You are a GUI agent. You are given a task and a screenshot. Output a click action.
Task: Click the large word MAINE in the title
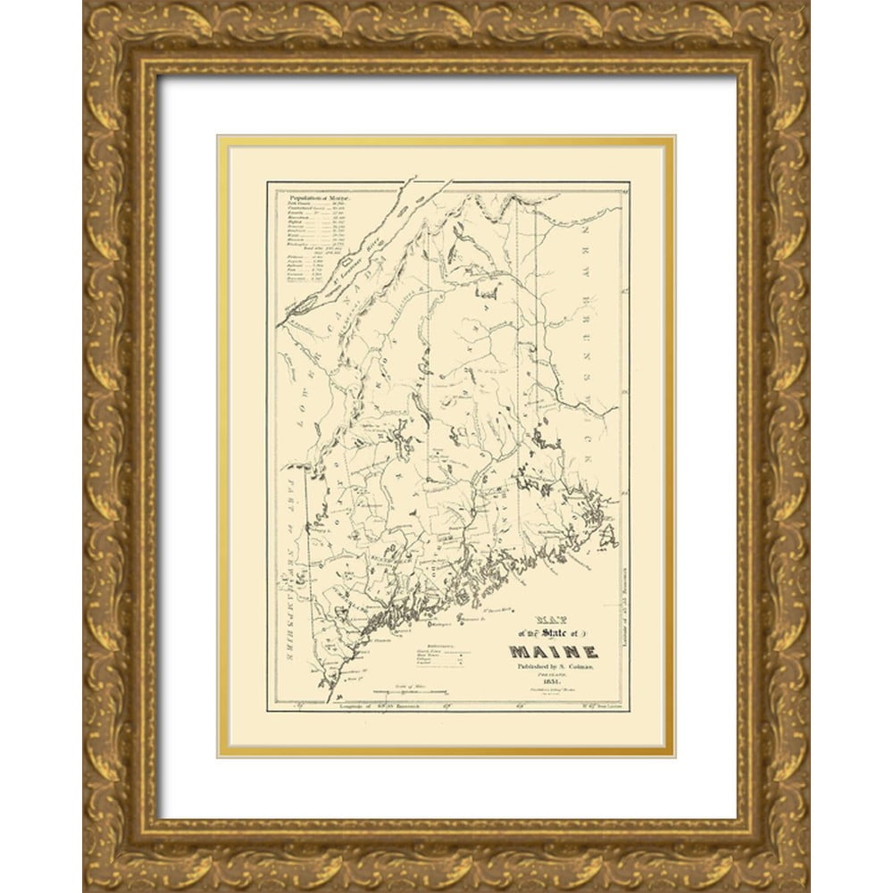554,651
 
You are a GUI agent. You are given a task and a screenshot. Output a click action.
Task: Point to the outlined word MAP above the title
554,619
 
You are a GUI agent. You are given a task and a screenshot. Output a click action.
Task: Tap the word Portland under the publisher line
555,676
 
